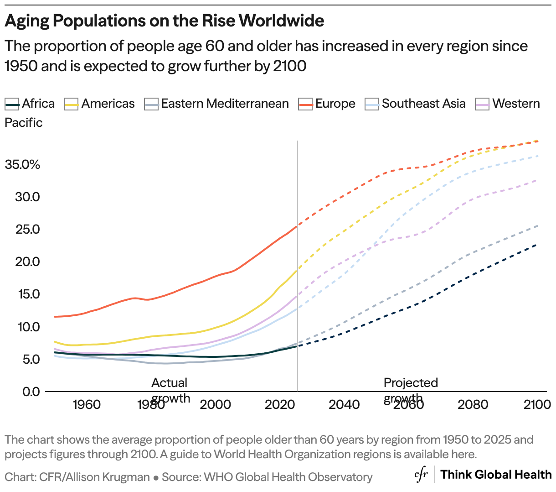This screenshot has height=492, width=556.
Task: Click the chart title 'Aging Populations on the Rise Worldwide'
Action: [x=165, y=21]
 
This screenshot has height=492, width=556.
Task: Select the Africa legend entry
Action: [x=30, y=104]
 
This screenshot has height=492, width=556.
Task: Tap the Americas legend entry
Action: [x=100, y=104]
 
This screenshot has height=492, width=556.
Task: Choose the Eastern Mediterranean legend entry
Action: [x=216, y=104]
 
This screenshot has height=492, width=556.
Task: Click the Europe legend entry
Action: [x=327, y=104]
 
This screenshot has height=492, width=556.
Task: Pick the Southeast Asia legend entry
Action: [x=416, y=104]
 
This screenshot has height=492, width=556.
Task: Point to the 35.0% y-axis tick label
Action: [x=22, y=165]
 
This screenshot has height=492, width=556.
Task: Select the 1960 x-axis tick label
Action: [x=87, y=405]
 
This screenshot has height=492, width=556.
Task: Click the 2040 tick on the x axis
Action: [x=344, y=405]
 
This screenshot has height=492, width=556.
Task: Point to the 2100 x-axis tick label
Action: [x=537, y=405]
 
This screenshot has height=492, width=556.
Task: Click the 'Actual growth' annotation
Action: [x=170, y=390]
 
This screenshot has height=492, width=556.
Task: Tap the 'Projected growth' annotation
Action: [x=410, y=390]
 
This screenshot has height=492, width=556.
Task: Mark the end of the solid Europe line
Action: [x=297, y=226]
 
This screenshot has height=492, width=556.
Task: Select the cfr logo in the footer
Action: [x=421, y=475]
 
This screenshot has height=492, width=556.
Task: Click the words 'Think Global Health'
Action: [x=496, y=475]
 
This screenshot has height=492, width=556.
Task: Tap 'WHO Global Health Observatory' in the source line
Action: [x=288, y=477]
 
